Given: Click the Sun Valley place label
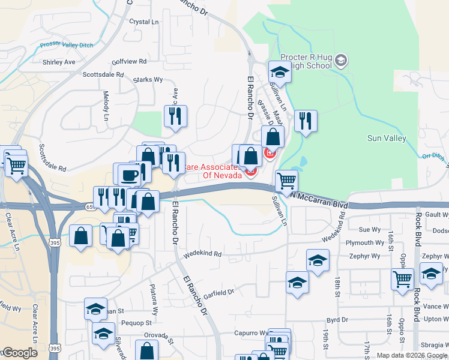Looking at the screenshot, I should [387, 139].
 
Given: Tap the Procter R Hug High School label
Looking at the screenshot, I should [310, 61].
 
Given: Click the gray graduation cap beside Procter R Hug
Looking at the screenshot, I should [341, 60].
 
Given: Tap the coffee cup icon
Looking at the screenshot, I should [130, 175].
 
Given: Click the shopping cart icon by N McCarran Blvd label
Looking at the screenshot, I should [286, 179].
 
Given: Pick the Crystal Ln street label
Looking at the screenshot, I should [144, 22].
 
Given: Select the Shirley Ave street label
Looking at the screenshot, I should [59, 62].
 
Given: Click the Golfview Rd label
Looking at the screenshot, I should [129, 61].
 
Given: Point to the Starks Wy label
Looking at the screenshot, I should [148, 79].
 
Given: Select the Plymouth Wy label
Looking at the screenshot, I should [363, 242].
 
